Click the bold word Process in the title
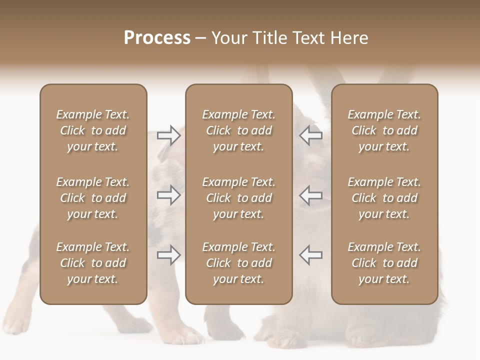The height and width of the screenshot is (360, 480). [x=157, y=38]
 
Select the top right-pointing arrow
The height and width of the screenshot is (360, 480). [x=168, y=135]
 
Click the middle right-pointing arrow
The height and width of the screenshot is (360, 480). [x=168, y=195]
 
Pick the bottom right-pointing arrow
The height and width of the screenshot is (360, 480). [x=168, y=255]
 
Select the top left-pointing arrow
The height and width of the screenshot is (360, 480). [x=311, y=135]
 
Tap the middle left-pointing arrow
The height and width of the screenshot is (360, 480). [x=311, y=195]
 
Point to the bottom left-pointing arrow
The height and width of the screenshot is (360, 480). [x=311, y=255]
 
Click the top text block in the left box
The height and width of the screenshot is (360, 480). [x=93, y=130]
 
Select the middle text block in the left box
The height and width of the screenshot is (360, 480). [x=93, y=198]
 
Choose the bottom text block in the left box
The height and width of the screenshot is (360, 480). [x=93, y=263]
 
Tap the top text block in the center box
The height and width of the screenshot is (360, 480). [x=238, y=130]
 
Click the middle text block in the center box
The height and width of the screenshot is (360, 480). [x=238, y=198]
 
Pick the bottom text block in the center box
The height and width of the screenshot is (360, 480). [x=238, y=263]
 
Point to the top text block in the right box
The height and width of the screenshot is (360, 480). [x=384, y=130]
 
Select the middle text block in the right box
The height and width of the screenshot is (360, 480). [x=384, y=198]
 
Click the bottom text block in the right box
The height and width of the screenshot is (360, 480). [x=384, y=263]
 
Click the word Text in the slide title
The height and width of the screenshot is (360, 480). [x=309, y=38]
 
